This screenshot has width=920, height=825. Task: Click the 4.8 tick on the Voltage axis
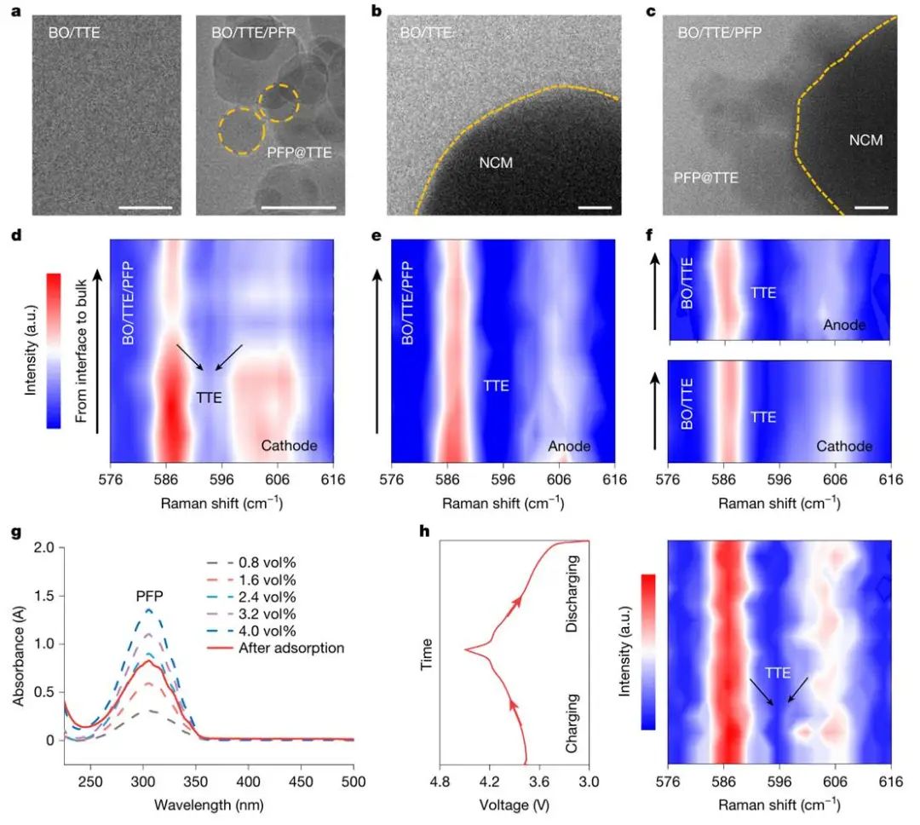[440, 780]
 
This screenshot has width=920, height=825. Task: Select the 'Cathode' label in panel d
[290, 446]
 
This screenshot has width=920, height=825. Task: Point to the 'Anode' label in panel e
[569, 446]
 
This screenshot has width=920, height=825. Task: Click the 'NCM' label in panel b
[496, 162]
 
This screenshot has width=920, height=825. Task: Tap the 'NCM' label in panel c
[865, 141]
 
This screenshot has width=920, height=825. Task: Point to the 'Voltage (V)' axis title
[514, 804]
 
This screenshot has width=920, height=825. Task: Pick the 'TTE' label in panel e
[496, 386]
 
